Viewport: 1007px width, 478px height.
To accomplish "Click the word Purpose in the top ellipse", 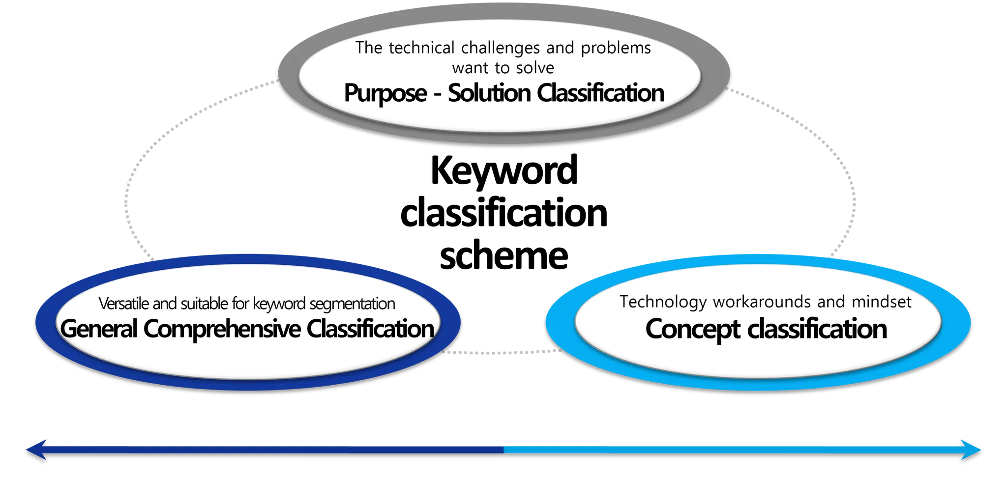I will [x=385, y=93].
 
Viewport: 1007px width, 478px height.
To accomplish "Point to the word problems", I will [x=616, y=48].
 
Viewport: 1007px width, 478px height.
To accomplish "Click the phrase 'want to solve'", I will [x=503, y=68].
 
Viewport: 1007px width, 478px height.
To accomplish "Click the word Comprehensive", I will [x=222, y=329].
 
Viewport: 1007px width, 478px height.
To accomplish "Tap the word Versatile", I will [x=124, y=304].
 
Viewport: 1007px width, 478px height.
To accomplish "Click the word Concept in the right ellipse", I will [x=692, y=329].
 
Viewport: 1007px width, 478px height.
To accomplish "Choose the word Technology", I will [x=662, y=302].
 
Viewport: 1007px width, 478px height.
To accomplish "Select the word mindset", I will [x=882, y=301].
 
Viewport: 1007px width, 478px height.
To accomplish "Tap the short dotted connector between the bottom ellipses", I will [x=502, y=352].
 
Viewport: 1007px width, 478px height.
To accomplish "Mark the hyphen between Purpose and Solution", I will [x=437, y=94].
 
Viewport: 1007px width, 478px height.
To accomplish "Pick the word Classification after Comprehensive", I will [x=370, y=329].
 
